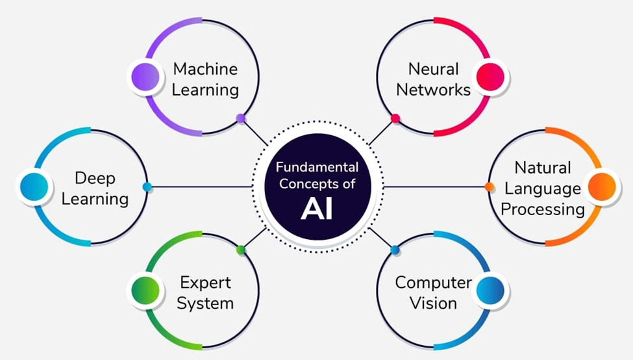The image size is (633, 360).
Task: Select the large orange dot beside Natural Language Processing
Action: tap(601, 187)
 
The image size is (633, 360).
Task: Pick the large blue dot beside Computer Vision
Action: tap(491, 291)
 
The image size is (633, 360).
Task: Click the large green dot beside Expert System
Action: tap(145, 291)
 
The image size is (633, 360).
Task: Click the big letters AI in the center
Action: tap(317, 208)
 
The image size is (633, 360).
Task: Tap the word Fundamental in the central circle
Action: tap(317, 167)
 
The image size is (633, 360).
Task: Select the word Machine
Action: tap(205, 69)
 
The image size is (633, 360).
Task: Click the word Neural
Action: tap(433, 69)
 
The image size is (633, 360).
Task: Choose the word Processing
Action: tap(543, 209)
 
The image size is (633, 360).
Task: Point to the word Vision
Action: tap(433, 303)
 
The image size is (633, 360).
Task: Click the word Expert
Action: tap(205, 283)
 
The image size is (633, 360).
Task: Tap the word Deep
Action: tap(94, 177)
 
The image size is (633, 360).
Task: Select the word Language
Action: tap(543, 188)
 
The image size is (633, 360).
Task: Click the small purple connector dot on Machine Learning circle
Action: tap(241, 118)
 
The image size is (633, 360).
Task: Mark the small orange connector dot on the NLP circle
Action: tap(489, 187)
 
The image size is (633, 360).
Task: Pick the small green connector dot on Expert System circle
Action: tap(241, 250)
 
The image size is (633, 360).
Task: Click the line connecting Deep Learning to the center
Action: tap(201, 187)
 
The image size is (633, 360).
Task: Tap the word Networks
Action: tap(433, 89)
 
